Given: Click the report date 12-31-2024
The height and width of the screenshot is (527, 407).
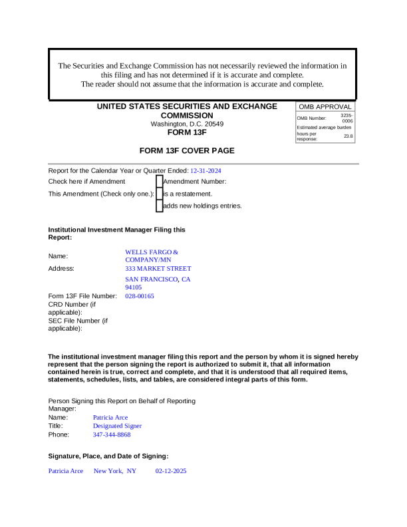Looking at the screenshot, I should [205, 171].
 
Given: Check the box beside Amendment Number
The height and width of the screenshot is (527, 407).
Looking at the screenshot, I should [159, 182].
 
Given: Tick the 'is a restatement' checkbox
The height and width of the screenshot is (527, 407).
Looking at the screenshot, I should [159, 194].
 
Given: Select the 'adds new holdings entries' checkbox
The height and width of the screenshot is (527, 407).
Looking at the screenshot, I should [159, 206].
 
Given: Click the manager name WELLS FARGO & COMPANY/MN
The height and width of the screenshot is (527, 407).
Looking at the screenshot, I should [152, 256].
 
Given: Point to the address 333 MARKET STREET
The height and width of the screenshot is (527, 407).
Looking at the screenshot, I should [158, 269].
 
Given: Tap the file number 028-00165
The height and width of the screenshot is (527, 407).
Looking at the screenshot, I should [140, 296].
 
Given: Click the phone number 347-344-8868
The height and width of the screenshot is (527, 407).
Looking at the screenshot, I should [112, 435].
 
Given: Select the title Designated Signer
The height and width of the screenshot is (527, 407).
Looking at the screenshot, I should [117, 426].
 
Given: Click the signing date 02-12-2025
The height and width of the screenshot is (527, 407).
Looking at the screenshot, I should [171, 471].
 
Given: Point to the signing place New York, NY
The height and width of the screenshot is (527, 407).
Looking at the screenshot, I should [114, 471].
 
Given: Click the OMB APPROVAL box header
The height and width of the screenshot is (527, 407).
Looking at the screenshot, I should [325, 106].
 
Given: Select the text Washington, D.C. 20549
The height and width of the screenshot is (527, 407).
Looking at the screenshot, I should [187, 124].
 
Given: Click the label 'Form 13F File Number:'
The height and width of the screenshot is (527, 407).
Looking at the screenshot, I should [82, 296].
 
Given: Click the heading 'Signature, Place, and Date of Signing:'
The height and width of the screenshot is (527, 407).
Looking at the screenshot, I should [108, 456].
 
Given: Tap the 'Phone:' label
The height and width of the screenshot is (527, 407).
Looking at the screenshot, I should [59, 435].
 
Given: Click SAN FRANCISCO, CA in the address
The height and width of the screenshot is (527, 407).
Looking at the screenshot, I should [158, 279].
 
